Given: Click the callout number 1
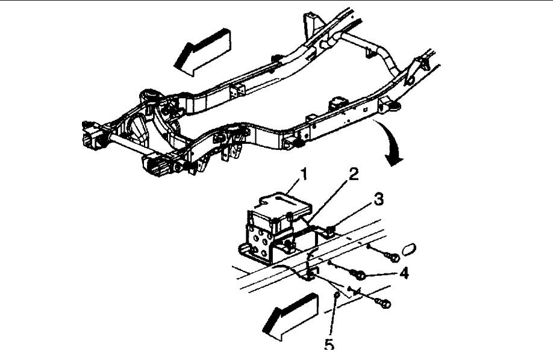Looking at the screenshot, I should (x=304, y=175).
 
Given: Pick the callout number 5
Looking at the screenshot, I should (x=329, y=344).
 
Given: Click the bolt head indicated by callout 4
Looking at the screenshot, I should (x=359, y=275).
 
